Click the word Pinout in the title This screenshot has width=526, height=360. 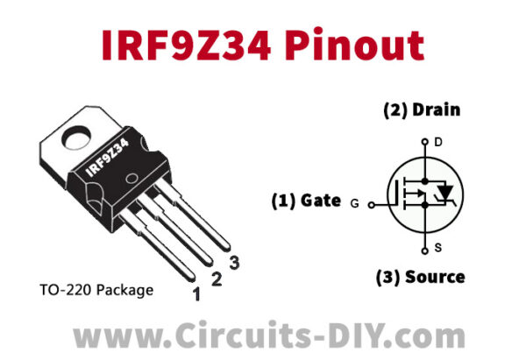click(354, 45)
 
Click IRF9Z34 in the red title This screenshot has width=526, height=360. click(186, 45)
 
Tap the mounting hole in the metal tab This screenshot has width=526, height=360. click(77, 138)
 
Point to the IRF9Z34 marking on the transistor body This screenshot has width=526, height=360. click(107, 159)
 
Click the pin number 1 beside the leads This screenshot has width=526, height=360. click(196, 294)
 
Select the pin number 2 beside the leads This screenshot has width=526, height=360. click(217, 279)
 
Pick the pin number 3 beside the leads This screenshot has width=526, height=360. click(234, 263)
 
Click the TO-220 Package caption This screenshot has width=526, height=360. click(96, 290)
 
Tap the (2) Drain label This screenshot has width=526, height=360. click(422, 110)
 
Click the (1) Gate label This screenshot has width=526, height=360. click(306, 201)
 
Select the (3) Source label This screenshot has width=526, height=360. click(421, 277)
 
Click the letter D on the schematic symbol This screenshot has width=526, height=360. click(438, 143)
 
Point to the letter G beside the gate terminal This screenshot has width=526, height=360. click(354, 203)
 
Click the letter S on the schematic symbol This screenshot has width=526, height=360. click(438, 248)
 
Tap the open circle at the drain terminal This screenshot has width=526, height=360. click(425, 142)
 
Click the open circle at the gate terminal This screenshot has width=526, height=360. click(372, 205)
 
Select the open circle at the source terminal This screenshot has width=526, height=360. click(425, 251)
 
